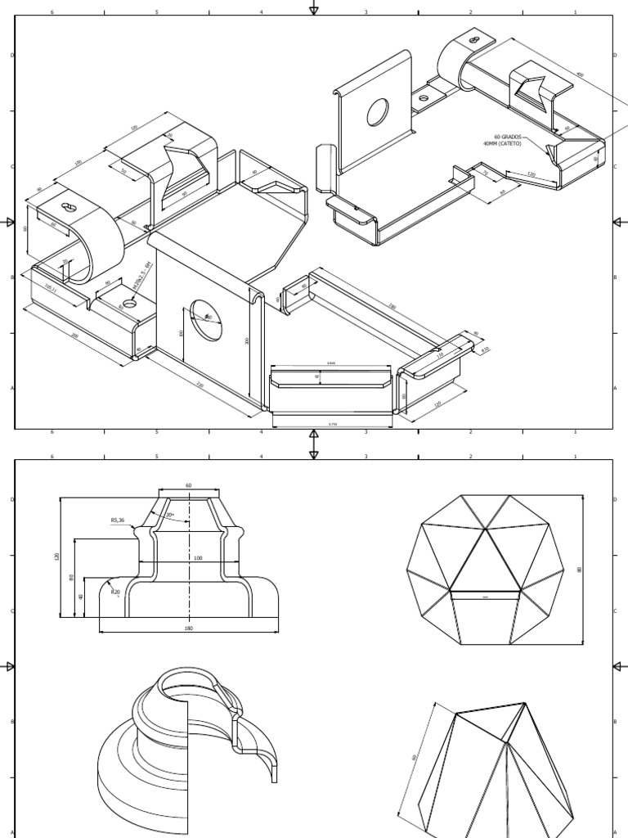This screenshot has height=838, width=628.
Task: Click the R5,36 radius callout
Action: (x=118, y=520)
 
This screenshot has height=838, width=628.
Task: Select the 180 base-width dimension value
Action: (x=189, y=628)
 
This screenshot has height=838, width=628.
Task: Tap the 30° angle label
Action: (x=170, y=516)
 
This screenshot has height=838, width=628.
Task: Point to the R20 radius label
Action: (x=115, y=592)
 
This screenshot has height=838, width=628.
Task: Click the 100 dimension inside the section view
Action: (x=197, y=558)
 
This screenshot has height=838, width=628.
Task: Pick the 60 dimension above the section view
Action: (x=189, y=485)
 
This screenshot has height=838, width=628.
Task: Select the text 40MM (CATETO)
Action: (x=503, y=145)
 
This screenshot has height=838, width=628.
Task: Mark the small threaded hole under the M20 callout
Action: (x=130, y=304)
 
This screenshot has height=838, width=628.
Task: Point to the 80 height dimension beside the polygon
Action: (x=579, y=570)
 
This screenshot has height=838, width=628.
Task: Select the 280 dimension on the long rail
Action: (x=392, y=307)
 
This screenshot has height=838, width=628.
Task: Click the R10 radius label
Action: (x=485, y=349)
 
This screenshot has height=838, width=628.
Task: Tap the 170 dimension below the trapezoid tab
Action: (x=332, y=424)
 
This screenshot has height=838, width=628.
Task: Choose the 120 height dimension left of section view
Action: (x=57, y=556)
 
